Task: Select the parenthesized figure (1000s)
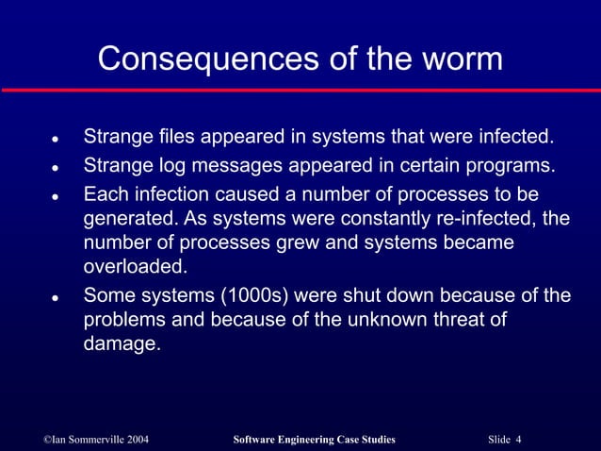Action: pos(260,295)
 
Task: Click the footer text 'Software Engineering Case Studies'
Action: pos(313,440)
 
